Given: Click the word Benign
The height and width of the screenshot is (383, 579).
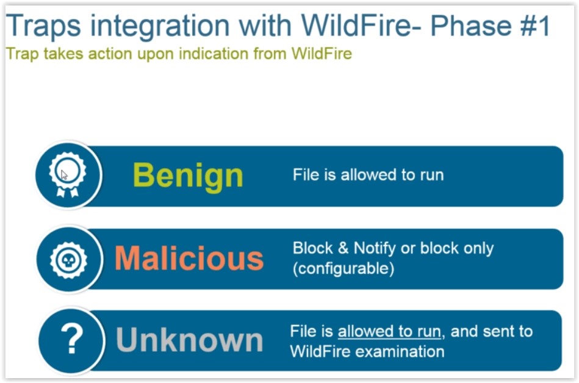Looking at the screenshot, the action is click(187, 176).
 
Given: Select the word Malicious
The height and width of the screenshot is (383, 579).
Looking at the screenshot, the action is click(189, 258).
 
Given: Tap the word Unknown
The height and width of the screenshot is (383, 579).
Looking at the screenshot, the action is click(189, 340).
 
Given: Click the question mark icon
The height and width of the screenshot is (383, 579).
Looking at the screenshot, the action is click(71, 338).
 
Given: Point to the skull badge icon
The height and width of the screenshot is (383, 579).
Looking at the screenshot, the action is click(68, 260).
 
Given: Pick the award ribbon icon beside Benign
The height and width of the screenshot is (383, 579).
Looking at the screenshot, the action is click(68, 174).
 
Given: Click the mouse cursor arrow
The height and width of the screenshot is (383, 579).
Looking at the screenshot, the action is click(64, 174).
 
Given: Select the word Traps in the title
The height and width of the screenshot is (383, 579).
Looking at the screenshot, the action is click(43, 26).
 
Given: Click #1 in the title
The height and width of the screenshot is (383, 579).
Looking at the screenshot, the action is click(535, 26).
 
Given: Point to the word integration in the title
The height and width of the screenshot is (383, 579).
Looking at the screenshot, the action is click(160, 26).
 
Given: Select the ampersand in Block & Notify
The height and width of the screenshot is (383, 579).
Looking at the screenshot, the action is click(343, 248).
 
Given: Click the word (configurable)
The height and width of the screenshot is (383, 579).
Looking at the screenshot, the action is click(343, 268).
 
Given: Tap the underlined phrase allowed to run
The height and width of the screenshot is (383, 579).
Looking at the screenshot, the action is click(389, 331).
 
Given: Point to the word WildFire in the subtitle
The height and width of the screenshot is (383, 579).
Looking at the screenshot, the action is click(322, 54).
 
